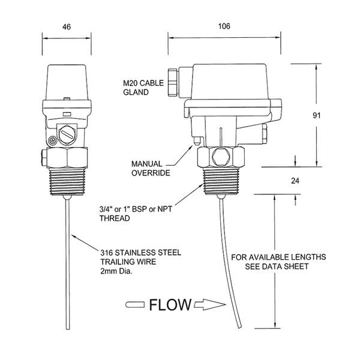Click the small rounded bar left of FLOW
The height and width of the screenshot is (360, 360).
click(x=135, y=305)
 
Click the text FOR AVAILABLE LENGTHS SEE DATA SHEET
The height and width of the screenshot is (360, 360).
click(x=278, y=262)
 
